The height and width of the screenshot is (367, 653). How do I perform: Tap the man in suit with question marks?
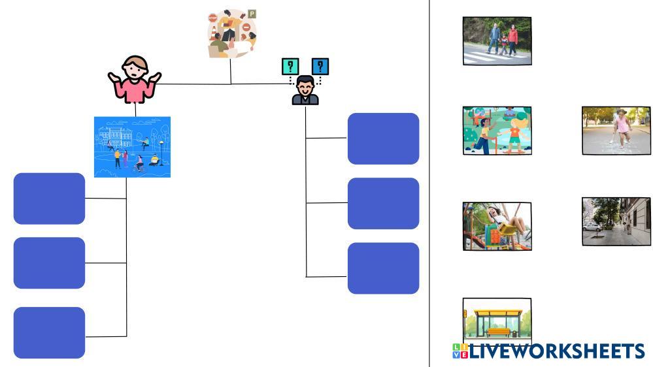coord(305,90)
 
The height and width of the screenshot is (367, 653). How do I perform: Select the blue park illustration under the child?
coord(132,147)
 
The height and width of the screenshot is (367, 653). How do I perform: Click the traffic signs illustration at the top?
coord(229,34)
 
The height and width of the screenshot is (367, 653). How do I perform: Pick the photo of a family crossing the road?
coord(497,40)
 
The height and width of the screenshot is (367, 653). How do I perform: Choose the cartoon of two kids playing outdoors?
coord(497,131)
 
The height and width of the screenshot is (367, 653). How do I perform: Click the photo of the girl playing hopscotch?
coord(616,131)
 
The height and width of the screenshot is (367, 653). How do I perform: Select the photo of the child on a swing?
coord(497,226)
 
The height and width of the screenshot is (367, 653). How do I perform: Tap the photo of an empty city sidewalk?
coord(616,221)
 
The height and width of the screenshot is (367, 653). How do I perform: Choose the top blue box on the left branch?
coord(50,199)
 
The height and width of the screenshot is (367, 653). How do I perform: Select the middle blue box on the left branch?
coord(50,263)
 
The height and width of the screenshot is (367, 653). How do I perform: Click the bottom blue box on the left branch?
coord(50,332)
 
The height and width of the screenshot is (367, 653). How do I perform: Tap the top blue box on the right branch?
coord(383,138)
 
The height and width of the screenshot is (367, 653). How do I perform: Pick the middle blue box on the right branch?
coord(383,203)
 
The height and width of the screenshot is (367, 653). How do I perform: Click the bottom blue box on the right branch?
coord(383,268)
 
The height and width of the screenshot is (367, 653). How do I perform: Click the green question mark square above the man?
coord(290,66)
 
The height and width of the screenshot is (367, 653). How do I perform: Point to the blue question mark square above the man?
coord(320,66)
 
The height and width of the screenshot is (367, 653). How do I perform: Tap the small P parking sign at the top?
coord(252,14)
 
